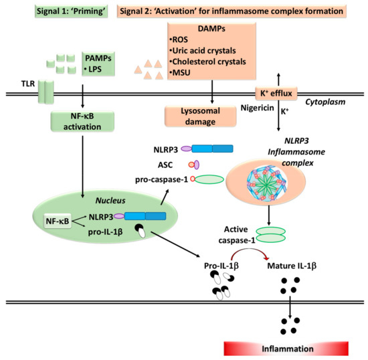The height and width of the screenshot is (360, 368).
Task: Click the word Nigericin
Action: pyautogui.click(x=256, y=107)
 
